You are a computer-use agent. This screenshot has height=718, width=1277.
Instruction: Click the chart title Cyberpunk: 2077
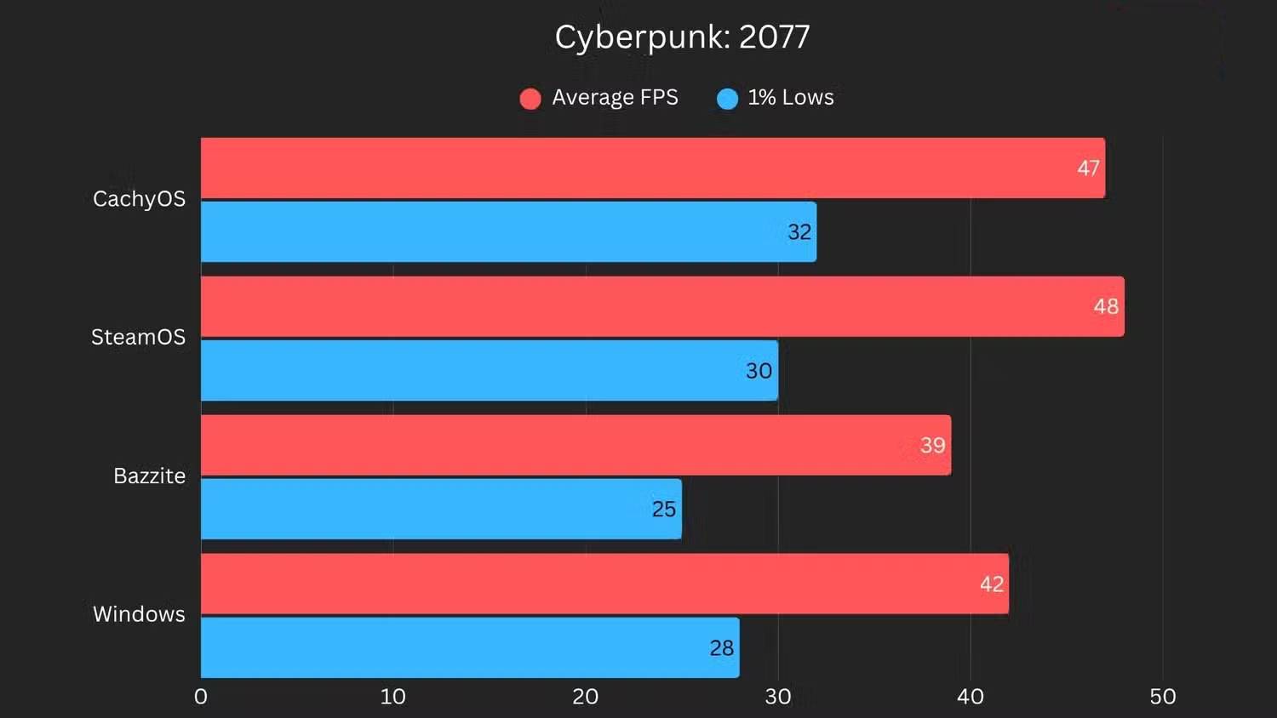tap(682, 37)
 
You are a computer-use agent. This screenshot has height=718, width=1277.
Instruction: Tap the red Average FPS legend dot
tap(530, 99)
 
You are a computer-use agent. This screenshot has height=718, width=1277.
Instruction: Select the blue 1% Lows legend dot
tap(727, 99)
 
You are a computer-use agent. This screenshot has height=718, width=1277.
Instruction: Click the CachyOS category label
tap(139, 199)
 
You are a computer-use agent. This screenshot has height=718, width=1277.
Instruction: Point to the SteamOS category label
tap(138, 337)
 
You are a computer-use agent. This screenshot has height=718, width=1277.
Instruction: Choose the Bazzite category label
tap(149, 476)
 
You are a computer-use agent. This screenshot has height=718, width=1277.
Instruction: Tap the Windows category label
tap(139, 614)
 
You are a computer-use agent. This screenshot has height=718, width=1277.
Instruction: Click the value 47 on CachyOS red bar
tap(1088, 168)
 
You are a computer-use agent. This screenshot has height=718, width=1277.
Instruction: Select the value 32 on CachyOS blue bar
tap(799, 232)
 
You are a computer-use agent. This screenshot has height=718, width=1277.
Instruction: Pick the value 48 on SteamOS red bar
tap(1106, 306)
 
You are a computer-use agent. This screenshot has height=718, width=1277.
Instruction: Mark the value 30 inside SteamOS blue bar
tap(759, 371)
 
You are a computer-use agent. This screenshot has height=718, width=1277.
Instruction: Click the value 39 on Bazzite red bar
tap(932, 445)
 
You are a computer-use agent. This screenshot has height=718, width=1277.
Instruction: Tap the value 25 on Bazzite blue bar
tap(663, 510)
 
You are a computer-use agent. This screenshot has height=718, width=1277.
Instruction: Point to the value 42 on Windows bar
tap(991, 584)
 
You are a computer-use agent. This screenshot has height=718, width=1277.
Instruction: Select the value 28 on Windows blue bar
tap(721, 648)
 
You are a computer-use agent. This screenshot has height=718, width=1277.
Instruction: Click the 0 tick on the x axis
tap(201, 697)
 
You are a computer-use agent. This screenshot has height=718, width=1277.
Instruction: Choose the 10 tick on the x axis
tap(392, 697)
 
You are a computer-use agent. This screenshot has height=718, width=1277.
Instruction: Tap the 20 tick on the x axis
tap(585, 697)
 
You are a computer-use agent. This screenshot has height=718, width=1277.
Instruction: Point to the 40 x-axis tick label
tap(970, 697)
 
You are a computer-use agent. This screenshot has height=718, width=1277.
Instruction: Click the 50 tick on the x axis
tap(1162, 697)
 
